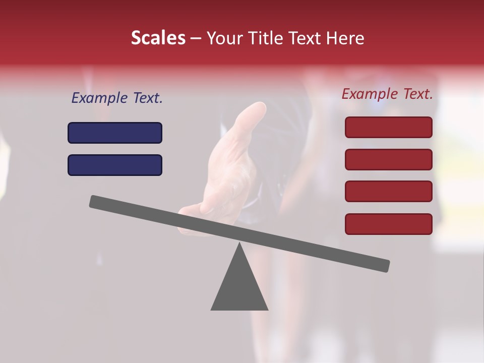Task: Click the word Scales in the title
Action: coord(158,38)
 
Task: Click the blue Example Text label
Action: coord(117,98)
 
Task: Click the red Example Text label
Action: coord(387,94)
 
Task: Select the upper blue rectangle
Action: coord(115,133)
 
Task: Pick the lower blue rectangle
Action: coord(115,165)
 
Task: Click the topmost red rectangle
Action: coord(388,127)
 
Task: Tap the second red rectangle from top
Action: coord(388,159)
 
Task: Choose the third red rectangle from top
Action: coord(388,192)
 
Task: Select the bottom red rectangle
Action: coord(388,224)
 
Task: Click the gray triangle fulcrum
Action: coord(239,287)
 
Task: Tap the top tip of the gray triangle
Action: coord(239,244)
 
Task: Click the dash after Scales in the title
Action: coord(196,38)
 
